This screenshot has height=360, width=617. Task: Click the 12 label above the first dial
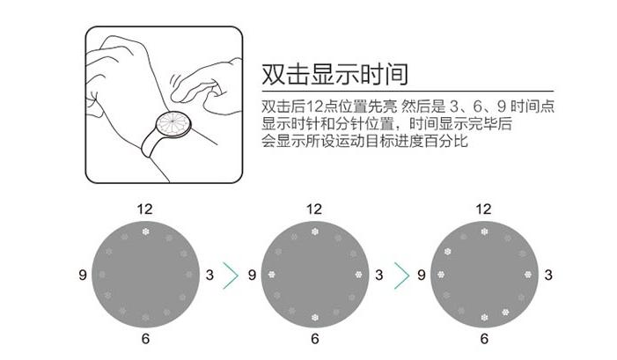click(144, 209)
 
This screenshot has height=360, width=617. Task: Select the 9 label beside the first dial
click(82, 276)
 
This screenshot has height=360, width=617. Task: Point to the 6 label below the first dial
click(144, 340)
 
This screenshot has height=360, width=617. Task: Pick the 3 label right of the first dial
click(209, 276)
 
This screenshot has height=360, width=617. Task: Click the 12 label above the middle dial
click(314, 209)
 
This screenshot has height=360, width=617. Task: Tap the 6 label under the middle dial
click(314, 340)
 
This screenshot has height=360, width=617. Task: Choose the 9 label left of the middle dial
click(252, 276)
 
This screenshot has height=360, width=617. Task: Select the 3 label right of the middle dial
click(379, 276)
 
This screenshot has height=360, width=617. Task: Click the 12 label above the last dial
click(483, 209)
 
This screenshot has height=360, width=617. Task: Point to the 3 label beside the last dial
click(548, 276)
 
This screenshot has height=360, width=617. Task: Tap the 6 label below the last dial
click(483, 340)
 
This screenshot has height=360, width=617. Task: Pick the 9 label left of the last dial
click(421, 276)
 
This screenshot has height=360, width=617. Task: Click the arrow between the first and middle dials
click(231, 275)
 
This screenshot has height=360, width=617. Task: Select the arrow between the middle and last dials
click(400, 275)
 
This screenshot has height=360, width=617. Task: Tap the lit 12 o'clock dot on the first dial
click(144, 232)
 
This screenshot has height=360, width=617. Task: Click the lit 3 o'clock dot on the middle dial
click(358, 275)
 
